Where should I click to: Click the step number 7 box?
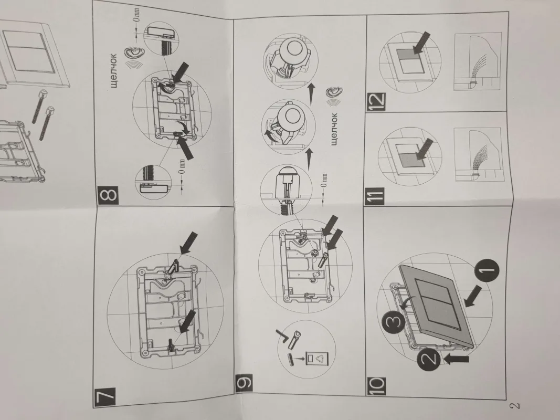click(x=104, y=397)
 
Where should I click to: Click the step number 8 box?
click(x=109, y=195)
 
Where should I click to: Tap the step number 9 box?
click(x=244, y=383)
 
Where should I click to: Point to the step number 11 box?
click(x=374, y=196)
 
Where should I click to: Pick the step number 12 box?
click(x=376, y=101)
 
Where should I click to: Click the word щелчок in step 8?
click(x=113, y=70)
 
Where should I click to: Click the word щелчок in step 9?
click(x=334, y=129)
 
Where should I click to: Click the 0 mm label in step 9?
click(x=324, y=182)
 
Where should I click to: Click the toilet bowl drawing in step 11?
click(x=478, y=155)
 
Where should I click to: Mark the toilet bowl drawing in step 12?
click(x=478, y=61)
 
